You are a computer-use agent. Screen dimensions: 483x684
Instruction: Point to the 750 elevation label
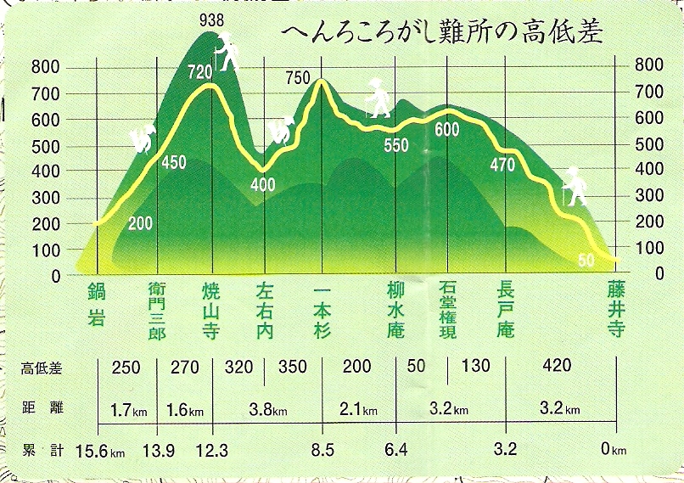point(299,79)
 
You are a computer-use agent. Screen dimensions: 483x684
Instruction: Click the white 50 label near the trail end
point(586,261)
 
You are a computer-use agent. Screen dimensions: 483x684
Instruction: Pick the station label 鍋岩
point(97,306)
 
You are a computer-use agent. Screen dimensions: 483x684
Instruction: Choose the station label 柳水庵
point(395,310)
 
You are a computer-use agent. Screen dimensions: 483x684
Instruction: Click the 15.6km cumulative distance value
point(100,450)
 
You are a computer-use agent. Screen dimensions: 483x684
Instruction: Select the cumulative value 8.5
point(322,449)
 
